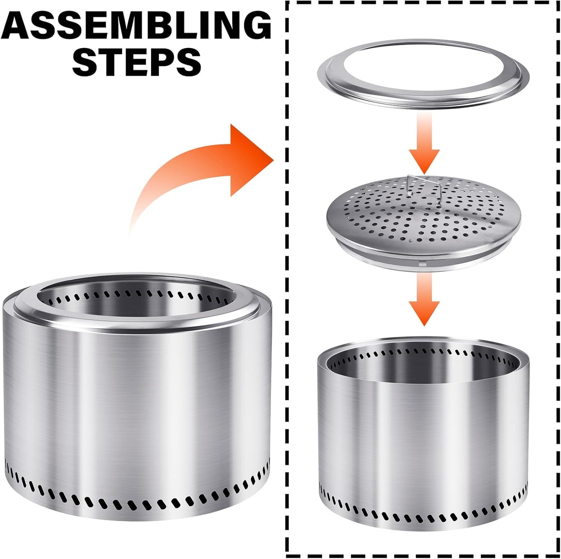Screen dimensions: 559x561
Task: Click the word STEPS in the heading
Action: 136,61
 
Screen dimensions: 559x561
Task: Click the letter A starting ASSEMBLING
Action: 19,26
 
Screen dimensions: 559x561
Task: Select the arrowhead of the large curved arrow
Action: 248,159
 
